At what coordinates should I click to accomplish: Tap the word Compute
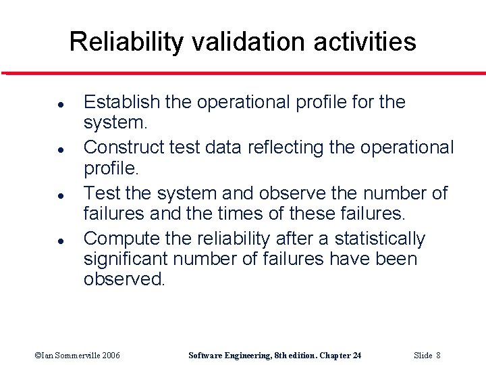point(122,239)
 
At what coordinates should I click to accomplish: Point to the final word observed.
point(124,278)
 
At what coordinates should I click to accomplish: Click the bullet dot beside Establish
point(42,105)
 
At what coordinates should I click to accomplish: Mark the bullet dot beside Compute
point(42,241)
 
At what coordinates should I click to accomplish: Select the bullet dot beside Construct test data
point(42,150)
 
